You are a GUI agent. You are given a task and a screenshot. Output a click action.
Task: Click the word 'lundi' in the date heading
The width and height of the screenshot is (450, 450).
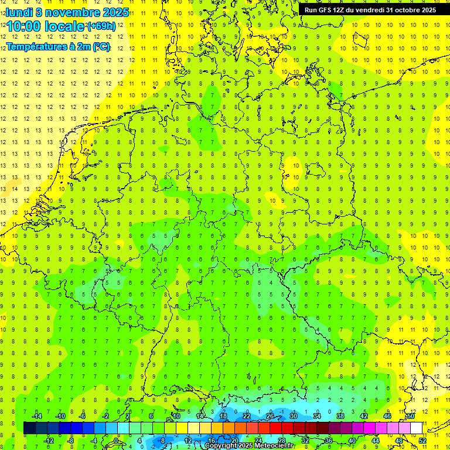tap(19, 12)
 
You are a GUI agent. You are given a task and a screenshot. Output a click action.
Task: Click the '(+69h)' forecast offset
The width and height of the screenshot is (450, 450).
tap(101, 26)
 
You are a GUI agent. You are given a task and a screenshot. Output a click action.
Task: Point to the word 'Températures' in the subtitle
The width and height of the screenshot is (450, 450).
tap(36, 46)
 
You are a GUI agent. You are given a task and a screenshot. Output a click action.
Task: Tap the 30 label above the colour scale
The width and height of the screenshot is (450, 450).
tap(294, 416)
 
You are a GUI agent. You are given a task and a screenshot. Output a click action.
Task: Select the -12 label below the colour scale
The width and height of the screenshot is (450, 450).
tap(49, 440)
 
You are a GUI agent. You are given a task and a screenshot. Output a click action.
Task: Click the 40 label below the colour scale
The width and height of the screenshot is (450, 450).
tap(352, 440)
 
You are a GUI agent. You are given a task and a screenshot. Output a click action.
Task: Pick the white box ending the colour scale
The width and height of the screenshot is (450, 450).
tap(416, 428)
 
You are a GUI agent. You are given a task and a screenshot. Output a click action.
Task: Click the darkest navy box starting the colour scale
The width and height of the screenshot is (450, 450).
tap(29, 428)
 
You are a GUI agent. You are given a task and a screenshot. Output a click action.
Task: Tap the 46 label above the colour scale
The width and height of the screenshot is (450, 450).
tap(387, 416)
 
